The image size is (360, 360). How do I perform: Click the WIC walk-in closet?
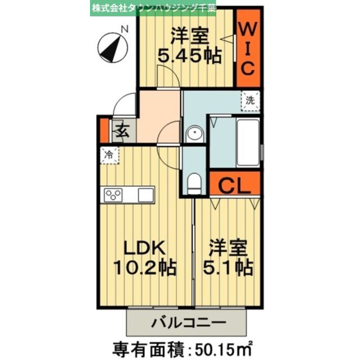click(248, 48)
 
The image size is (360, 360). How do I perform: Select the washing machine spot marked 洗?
click(249, 101)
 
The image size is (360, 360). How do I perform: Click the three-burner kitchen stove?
click(113, 195)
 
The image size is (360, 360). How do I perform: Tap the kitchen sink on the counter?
click(145, 195)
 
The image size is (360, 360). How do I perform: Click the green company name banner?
click(153, 8)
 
